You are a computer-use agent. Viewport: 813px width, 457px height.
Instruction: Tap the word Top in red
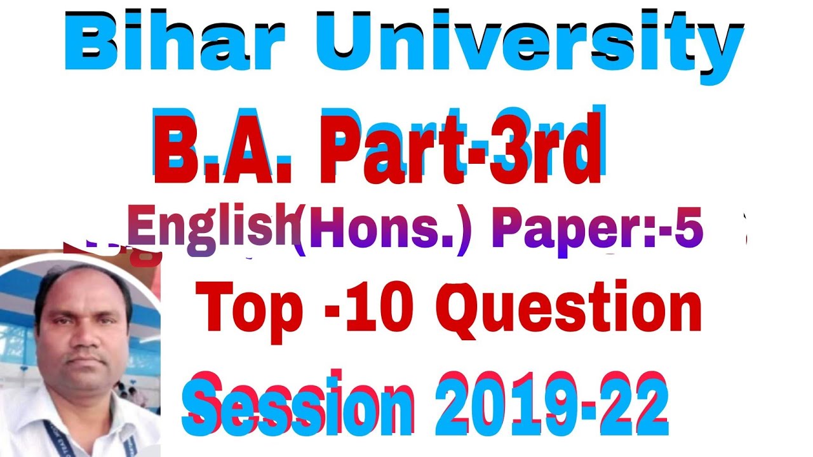250,308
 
